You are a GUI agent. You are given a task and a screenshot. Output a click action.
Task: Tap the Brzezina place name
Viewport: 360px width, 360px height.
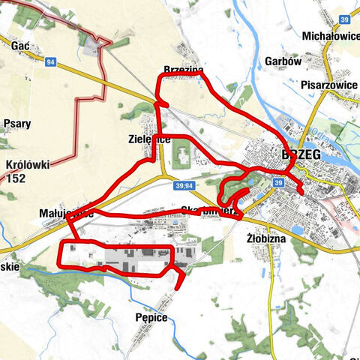[183, 70]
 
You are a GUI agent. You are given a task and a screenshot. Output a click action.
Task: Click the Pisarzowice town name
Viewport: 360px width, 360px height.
[328, 85]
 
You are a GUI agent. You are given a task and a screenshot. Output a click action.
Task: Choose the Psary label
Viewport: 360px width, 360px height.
[16, 124]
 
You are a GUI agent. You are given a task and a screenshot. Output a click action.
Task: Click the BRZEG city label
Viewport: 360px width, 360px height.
[301, 154]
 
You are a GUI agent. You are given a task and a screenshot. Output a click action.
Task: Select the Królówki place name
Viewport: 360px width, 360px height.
[26, 164]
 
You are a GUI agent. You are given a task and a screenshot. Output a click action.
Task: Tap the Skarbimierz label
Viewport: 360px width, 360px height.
[209, 211]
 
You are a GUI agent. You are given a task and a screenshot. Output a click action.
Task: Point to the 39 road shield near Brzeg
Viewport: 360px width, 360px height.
[278, 182]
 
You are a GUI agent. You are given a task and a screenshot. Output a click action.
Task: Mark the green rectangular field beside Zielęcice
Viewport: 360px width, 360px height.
[181, 157]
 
